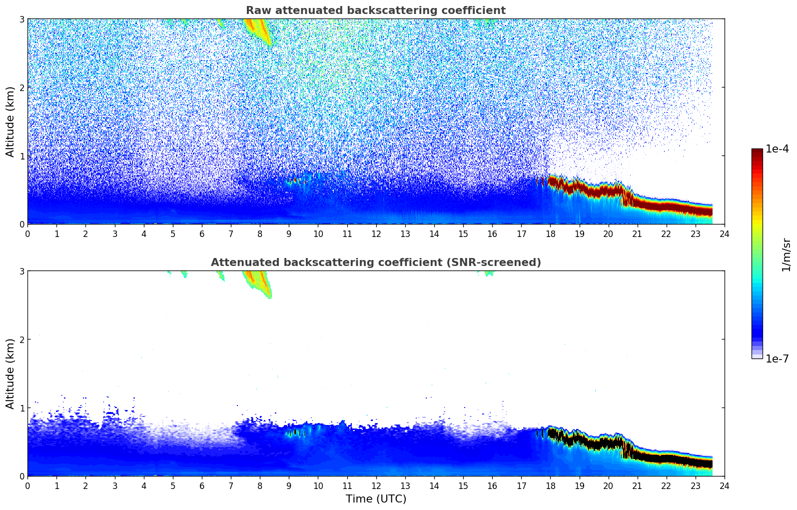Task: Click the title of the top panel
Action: coord(375,10)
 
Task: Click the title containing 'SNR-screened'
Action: coord(375,262)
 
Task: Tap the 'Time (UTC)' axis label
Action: coord(376,499)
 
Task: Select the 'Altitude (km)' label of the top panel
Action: coord(10,121)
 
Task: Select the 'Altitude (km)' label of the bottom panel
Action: coord(10,373)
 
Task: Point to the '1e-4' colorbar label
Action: coord(777,149)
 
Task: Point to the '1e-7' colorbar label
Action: coord(777,359)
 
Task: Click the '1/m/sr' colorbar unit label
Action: coord(786,254)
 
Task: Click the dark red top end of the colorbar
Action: coord(757,151)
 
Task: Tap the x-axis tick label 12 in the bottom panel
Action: coord(376,486)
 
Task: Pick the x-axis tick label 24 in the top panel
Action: coord(724,234)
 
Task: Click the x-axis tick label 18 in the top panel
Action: coord(550,234)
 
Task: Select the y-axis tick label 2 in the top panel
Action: coord(22,87)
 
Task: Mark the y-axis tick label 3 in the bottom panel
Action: coord(22,271)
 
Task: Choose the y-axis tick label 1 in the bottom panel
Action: coord(22,408)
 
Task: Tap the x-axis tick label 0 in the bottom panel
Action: coord(27,486)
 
